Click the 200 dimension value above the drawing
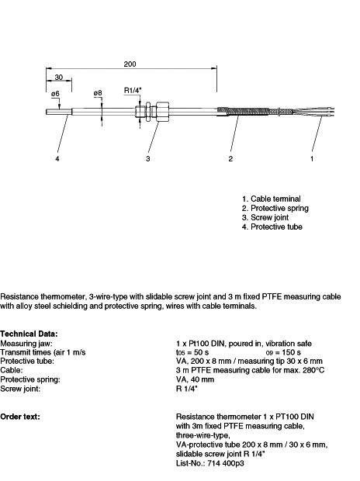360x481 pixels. pos(130,64)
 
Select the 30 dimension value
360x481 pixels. pos(59,77)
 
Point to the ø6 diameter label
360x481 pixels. pos(55,94)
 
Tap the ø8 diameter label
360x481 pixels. pos(98,92)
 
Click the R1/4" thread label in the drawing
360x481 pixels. pos(133,90)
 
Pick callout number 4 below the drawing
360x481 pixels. pos(57,158)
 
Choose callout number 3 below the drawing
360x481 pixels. pos(148,158)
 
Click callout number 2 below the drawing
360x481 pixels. pos(230,158)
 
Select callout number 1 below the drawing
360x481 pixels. pos(312,158)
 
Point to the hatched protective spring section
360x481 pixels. pos(243,111)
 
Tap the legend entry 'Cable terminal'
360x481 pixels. pos(272,199)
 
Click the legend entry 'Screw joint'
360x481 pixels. pos(265,217)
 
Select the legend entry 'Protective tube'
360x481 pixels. pos(272,227)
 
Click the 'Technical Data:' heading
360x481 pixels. pos(29,334)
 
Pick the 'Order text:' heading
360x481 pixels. pos(20,417)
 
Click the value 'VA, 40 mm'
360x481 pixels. pos(196,379)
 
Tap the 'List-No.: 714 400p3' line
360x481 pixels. pos(210,463)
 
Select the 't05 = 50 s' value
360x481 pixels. pos(192,352)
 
